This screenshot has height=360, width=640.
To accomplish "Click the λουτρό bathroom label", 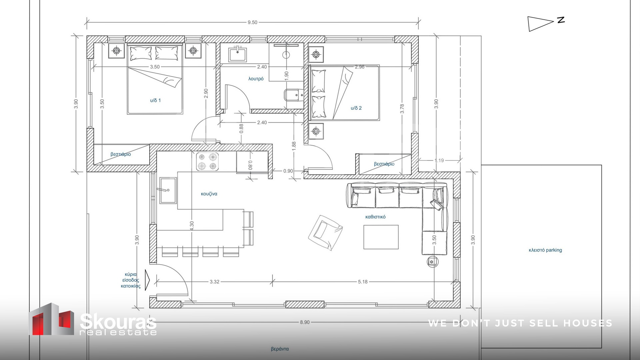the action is click(x=256, y=79).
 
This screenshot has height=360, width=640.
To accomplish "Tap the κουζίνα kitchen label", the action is click(x=209, y=194).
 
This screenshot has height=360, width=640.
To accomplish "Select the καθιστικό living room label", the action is click(x=375, y=217).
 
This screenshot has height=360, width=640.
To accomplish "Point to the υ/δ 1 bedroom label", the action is click(x=155, y=100).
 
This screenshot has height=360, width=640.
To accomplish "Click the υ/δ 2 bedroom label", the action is click(x=356, y=108).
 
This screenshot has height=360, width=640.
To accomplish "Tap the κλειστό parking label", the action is click(x=545, y=250).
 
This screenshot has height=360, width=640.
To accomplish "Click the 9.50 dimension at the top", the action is click(x=252, y=22).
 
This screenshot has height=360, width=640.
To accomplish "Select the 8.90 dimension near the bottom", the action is click(x=305, y=322).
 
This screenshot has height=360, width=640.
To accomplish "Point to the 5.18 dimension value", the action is click(x=363, y=282).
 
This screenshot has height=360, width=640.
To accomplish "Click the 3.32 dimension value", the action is click(x=215, y=282).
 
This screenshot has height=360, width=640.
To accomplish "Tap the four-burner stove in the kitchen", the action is click(x=207, y=162).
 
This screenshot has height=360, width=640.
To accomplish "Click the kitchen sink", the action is click(x=168, y=190).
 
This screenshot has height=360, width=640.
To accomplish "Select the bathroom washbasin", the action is click(x=237, y=55).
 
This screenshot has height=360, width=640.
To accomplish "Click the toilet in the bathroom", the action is click(x=294, y=95).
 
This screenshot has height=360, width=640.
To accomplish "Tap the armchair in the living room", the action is click(x=325, y=232).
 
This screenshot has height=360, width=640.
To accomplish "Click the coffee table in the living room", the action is click(x=381, y=237).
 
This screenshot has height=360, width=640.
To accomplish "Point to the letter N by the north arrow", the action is click(x=561, y=20).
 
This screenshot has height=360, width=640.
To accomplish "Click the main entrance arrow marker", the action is click(x=148, y=280).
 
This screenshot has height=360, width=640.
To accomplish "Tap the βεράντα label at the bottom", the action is click(x=280, y=349).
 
